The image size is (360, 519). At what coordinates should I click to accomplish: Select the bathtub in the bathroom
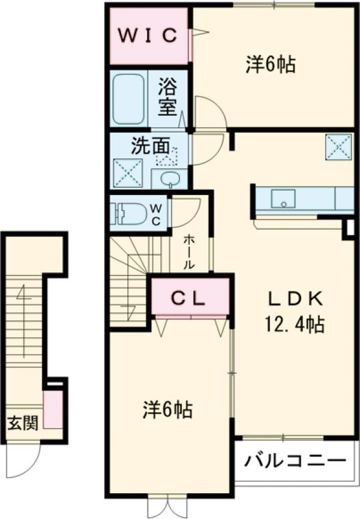(130, 98)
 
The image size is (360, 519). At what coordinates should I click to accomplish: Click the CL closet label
(190, 297)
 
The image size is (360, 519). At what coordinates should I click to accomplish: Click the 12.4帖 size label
(295, 325)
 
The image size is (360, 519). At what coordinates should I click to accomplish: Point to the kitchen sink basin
(281, 199)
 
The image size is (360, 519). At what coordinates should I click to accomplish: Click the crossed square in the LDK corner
(338, 146)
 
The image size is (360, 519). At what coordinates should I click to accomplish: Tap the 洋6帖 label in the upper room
(271, 65)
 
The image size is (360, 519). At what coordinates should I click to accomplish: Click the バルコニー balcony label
(296, 462)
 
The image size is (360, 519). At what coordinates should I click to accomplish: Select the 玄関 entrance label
(23, 423)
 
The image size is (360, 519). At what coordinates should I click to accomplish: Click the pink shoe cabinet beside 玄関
(54, 409)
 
